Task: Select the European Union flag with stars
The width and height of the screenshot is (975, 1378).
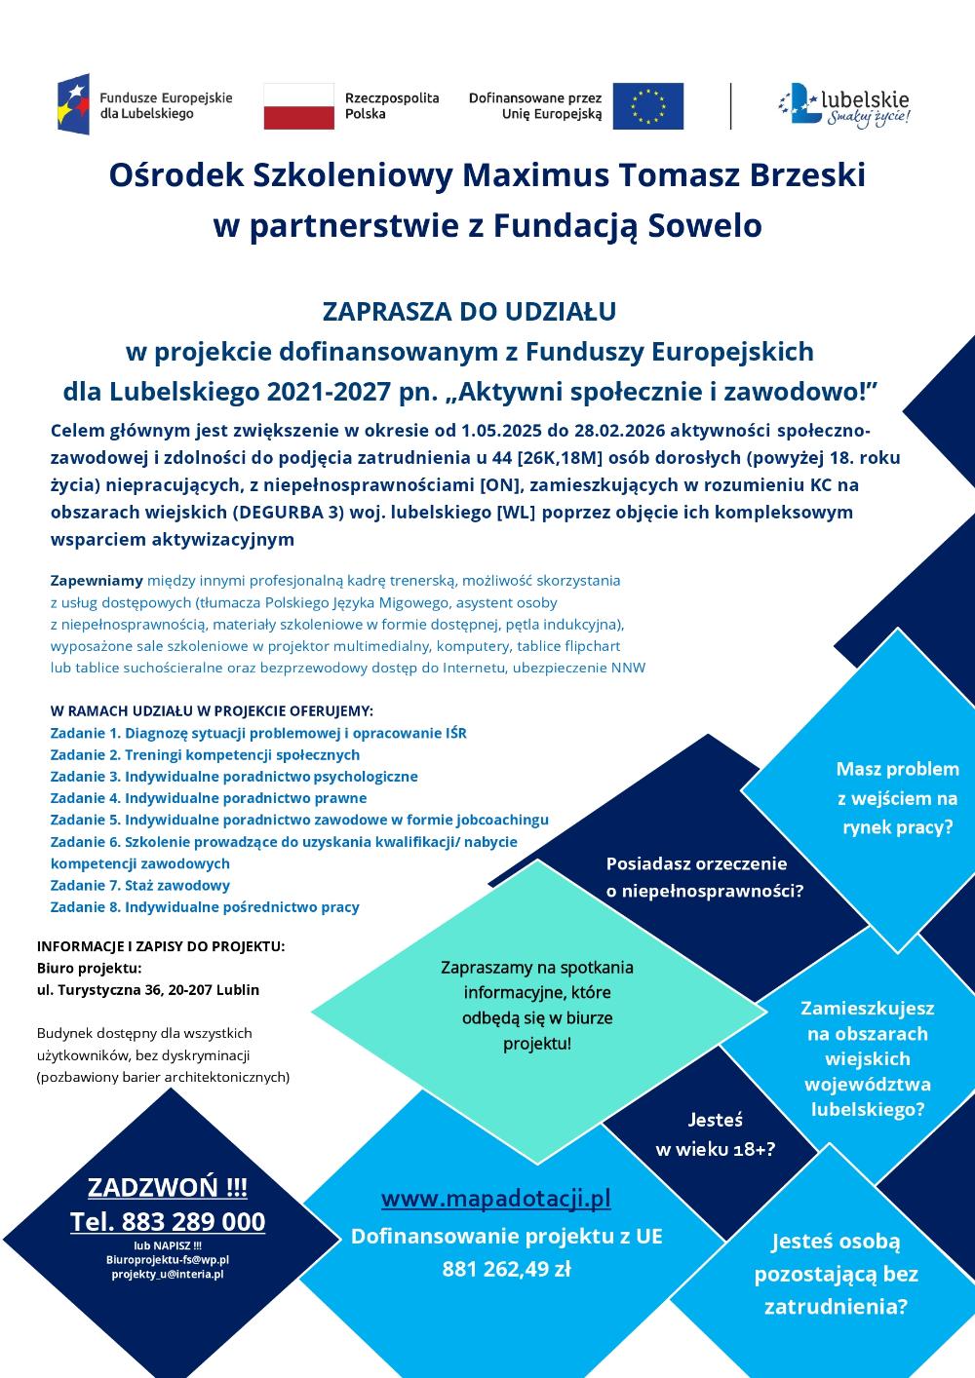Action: tap(647, 106)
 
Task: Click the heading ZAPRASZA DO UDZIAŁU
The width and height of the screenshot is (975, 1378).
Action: tap(470, 312)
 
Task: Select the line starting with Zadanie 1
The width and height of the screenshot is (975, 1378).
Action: tap(258, 733)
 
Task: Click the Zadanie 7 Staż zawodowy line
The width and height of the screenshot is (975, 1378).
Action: tap(140, 886)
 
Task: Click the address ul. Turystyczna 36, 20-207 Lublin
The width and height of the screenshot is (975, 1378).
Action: tap(148, 990)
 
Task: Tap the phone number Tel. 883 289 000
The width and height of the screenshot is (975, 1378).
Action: tap(168, 1222)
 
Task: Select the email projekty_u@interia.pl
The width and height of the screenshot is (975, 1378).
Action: tap(168, 1274)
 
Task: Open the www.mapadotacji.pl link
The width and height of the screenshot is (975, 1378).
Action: tap(495, 1197)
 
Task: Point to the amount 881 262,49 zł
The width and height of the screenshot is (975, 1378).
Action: tap(506, 1269)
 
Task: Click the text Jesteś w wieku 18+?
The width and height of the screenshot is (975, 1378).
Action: tap(716, 1134)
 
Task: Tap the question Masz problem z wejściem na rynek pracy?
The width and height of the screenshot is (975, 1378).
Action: tap(897, 798)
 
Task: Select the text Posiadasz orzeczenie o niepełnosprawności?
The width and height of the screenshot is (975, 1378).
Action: tap(704, 877)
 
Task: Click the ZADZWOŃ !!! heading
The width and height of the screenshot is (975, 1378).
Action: tap(168, 1187)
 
